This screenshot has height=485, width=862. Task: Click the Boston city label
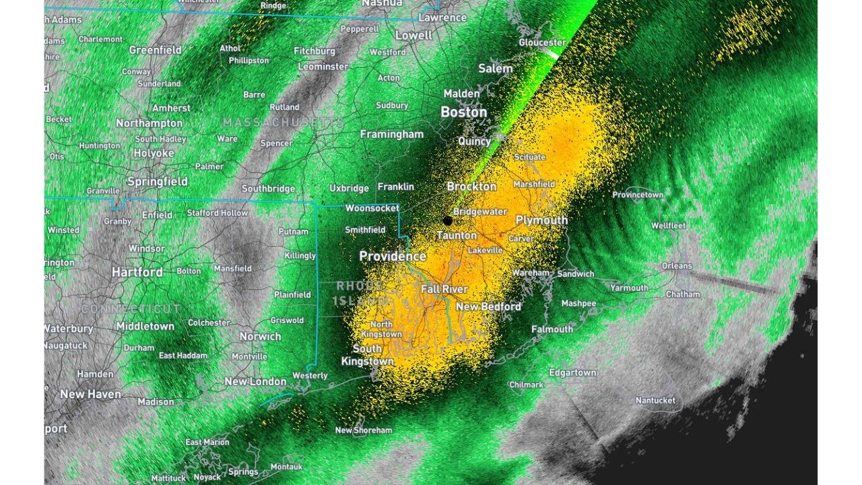[463, 112]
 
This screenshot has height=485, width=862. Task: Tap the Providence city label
[393, 257]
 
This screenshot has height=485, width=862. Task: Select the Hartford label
[137, 272]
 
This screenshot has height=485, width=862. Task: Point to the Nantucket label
[655, 401]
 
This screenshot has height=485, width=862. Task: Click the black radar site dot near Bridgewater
[448, 220]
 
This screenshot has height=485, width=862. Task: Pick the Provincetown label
[638, 195]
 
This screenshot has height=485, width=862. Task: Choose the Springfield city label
[158, 182]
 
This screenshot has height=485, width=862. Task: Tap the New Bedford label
[488, 306]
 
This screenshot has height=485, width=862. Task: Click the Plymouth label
[541, 220]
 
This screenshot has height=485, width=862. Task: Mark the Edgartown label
[572, 373]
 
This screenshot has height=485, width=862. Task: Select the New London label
[255, 381]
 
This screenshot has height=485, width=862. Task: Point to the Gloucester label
[542, 42]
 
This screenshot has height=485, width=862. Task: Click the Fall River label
[444, 289]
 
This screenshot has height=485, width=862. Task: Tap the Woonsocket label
[372, 208]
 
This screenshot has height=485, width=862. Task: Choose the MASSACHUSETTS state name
[283, 123]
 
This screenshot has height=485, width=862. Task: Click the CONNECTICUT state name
[131, 309]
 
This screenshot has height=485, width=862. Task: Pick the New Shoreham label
[364, 430]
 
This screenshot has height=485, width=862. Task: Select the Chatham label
[683, 294]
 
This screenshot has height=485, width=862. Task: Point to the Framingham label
[392, 135]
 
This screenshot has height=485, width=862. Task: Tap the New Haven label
[90, 394]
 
